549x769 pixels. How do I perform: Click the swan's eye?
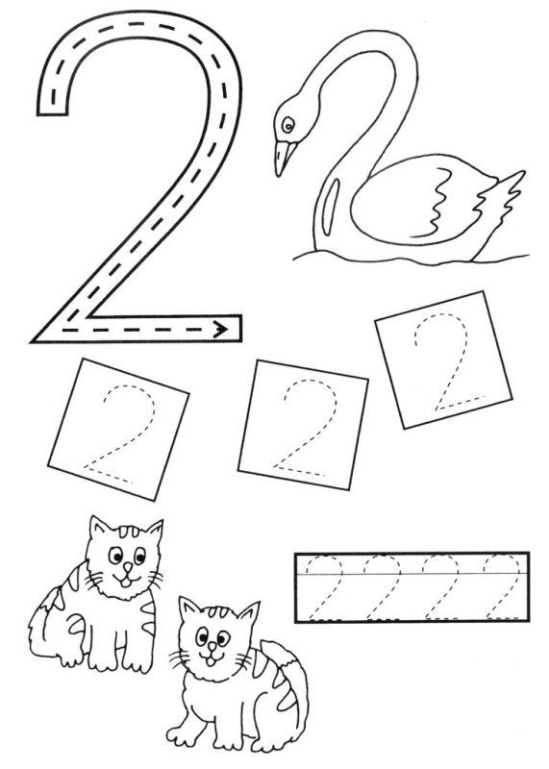[288, 126]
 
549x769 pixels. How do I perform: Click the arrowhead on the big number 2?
[221, 329]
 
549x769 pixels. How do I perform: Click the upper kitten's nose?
[127, 567]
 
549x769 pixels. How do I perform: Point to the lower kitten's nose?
[212, 647]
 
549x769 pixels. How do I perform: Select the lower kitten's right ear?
[248, 614]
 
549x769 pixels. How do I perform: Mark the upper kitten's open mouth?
[125, 583]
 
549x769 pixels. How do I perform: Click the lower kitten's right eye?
[223, 638]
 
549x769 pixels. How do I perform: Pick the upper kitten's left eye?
[115, 556]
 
